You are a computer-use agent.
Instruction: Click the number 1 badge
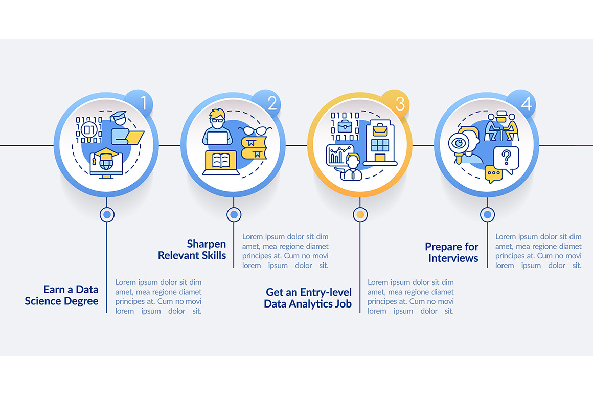pyautogui.click(x=143, y=103)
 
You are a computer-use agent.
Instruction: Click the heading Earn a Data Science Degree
pyautogui.click(x=61, y=295)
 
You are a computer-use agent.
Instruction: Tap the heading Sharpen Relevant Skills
pyautogui.click(x=192, y=250)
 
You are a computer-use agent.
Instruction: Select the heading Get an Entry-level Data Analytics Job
pyautogui.click(x=308, y=298)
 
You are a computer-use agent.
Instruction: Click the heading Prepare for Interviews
pyautogui.click(x=452, y=252)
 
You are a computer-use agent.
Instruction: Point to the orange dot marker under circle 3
pyautogui.click(x=360, y=215)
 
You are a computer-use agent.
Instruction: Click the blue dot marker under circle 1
pyautogui.click(x=107, y=215)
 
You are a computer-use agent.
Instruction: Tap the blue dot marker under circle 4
pyautogui.click(x=487, y=215)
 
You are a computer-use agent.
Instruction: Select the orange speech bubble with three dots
pyautogui.click(x=493, y=174)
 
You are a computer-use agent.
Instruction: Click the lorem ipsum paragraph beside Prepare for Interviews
pyautogui.click(x=538, y=251)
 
